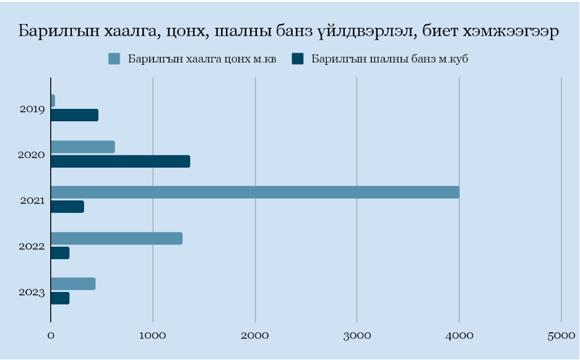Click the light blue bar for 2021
(x=254, y=192)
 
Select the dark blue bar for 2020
(x=120, y=161)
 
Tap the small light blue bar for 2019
(x=53, y=101)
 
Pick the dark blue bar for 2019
(x=74, y=115)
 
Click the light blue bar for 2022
(x=116, y=238)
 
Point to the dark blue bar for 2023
(x=60, y=299)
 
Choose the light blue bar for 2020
(x=82, y=147)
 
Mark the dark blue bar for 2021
(x=67, y=207)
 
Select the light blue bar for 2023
(x=73, y=284)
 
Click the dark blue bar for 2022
(x=60, y=253)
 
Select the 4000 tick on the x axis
(x=459, y=335)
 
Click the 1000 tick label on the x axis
(x=153, y=335)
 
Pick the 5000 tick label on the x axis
(x=561, y=335)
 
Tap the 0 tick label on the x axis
(x=51, y=335)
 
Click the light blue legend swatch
(x=114, y=59)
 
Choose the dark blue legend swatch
(x=298, y=59)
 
